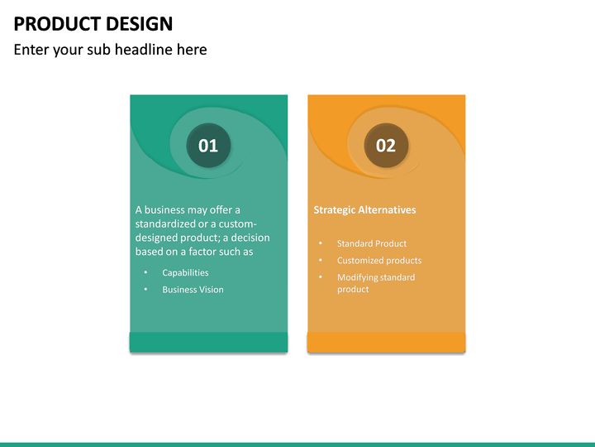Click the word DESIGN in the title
(x=140, y=24)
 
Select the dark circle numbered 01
(x=208, y=145)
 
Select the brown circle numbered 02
(x=386, y=145)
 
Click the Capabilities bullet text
(x=185, y=273)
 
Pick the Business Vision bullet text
(x=193, y=290)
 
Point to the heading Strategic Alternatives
(x=364, y=209)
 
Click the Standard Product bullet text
(x=372, y=243)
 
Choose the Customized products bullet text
(x=379, y=261)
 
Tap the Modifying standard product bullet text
(x=376, y=283)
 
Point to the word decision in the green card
(x=250, y=238)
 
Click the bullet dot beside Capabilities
(x=145, y=272)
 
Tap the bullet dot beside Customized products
(x=321, y=260)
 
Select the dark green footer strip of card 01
(x=209, y=342)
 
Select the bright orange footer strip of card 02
(x=386, y=342)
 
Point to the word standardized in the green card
(x=165, y=223)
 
